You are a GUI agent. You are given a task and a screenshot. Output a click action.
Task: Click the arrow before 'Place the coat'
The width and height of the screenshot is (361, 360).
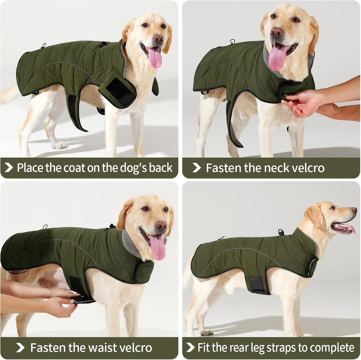pyautogui.click(x=9, y=168)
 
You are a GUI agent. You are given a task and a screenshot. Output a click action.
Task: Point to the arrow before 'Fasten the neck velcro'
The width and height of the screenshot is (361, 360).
pyautogui.click(x=197, y=168)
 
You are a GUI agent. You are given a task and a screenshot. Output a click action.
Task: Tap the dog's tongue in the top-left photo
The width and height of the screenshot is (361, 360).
pyautogui.click(x=155, y=58)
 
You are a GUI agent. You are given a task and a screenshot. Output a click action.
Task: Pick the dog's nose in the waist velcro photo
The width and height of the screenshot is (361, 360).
pyautogui.click(x=161, y=225)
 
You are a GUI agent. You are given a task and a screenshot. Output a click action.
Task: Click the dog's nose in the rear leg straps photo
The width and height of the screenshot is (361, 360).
pyautogui.click(x=354, y=210)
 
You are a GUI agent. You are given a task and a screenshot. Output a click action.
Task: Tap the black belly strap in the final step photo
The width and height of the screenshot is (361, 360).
pyautogui.click(x=257, y=284)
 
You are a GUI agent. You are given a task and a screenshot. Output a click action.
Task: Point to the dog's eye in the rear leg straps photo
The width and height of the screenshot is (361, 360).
pyautogui.click(x=332, y=208)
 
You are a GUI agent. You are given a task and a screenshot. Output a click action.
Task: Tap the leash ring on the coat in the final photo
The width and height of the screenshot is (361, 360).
pyautogui.click(x=281, y=232)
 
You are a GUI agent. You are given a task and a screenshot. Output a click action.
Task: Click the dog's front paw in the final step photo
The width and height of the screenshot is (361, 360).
pyautogui.click(x=206, y=332)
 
